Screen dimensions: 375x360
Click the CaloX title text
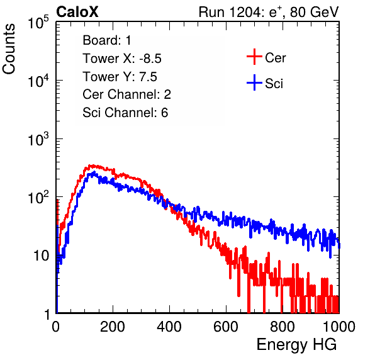click(x=77, y=12)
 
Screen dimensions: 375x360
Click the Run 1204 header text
click(x=269, y=12)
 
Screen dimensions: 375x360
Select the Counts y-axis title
click(x=9, y=49)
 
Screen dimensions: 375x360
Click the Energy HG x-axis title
click(x=296, y=345)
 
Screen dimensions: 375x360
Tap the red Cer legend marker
click(x=254, y=57)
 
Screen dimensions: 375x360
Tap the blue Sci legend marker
click(x=254, y=82)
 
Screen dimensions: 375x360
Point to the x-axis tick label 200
click(x=113, y=326)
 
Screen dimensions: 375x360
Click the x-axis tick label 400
click(x=169, y=326)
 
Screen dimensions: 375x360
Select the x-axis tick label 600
click(x=226, y=326)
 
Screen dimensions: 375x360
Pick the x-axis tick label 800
click(x=283, y=326)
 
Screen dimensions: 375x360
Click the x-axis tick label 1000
click(x=339, y=326)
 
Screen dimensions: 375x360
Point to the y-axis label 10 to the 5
click(x=38, y=23)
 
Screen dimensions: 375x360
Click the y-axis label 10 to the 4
click(x=38, y=81)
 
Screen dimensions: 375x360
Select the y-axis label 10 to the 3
click(x=38, y=139)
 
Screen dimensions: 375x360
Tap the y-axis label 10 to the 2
click(x=38, y=198)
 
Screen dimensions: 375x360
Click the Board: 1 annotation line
click(x=107, y=40)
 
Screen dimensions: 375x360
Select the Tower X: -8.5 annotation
click(x=122, y=59)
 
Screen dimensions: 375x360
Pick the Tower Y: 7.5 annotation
click(x=120, y=77)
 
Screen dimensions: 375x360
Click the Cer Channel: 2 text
click(x=126, y=94)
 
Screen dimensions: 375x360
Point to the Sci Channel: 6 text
click(x=125, y=113)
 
